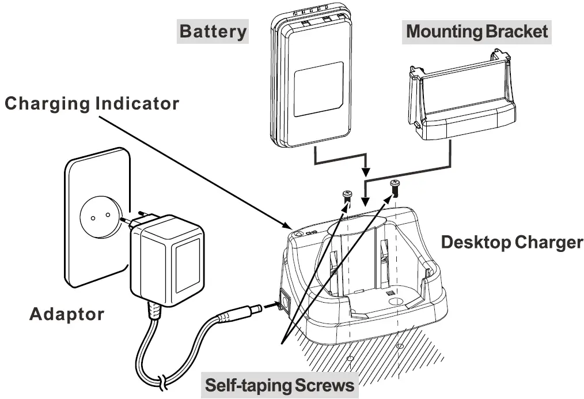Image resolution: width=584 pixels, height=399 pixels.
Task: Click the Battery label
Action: coord(213,31)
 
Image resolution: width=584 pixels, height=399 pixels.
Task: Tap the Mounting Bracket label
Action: coord(477,31)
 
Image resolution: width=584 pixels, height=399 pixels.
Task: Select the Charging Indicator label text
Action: coord(92,104)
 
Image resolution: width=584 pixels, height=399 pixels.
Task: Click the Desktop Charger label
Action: coord(512,242)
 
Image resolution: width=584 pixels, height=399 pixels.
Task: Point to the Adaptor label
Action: coord(67,314)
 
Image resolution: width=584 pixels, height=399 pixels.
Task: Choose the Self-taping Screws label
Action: coord(279,385)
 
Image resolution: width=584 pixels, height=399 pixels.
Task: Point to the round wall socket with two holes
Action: coord(100,216)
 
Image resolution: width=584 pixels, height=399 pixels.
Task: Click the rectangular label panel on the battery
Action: coord(318,89)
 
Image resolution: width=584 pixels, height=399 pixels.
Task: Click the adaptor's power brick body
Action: coord(167,260)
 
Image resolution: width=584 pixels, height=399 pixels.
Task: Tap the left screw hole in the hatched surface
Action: coord(350,359)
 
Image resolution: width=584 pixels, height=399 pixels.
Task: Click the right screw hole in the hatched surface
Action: coord(400,346)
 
